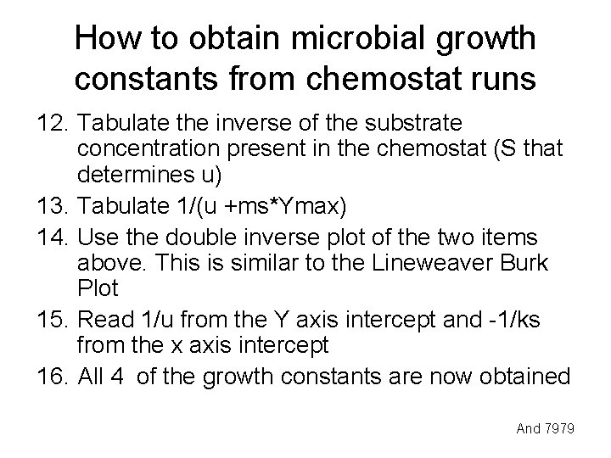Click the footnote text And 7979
[x=547, y=429]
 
